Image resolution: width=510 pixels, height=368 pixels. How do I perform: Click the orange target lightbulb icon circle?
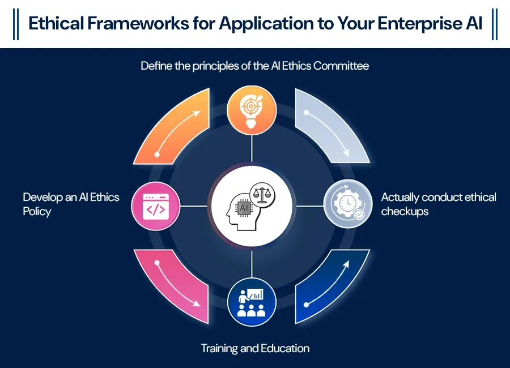tap(252, 109)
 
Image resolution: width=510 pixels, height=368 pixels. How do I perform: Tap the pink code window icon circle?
tap(155, 206)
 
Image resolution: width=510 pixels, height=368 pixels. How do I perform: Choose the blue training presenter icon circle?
tap(252, 302)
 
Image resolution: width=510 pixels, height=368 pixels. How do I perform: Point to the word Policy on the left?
tap(37, 212)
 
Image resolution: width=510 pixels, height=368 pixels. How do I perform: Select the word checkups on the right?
tap(405, 212)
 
